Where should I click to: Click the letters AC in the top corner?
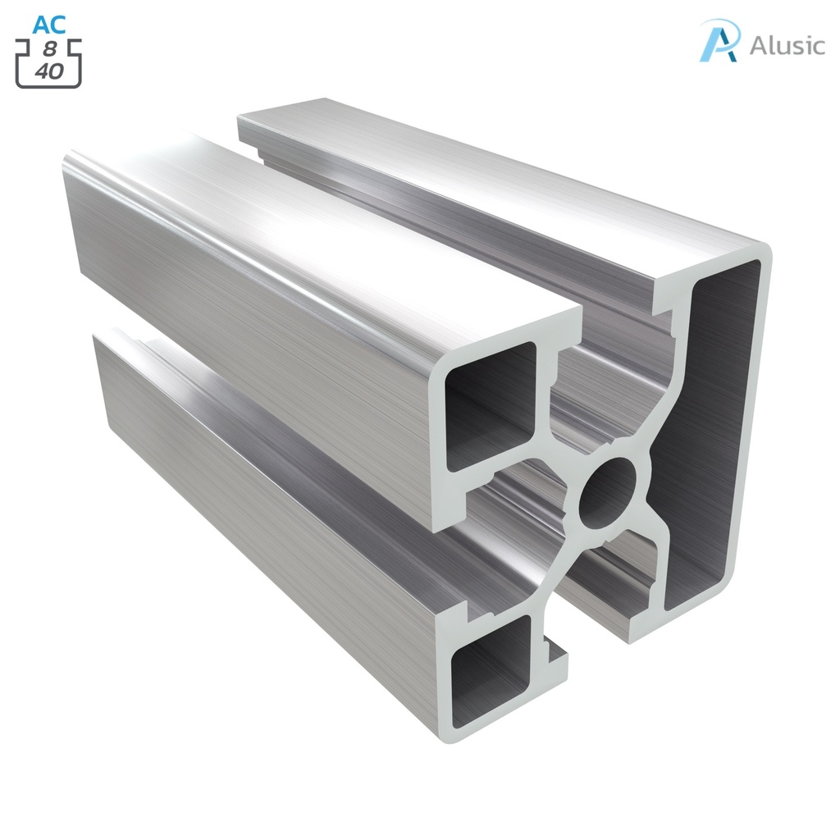pos(48,25)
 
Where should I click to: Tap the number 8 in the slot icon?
pos(50,49)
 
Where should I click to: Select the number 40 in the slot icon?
pos(49,71)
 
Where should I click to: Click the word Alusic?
pos(787,45)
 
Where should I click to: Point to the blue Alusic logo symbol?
pos(719,41)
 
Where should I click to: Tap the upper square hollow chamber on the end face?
pos(490,405)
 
